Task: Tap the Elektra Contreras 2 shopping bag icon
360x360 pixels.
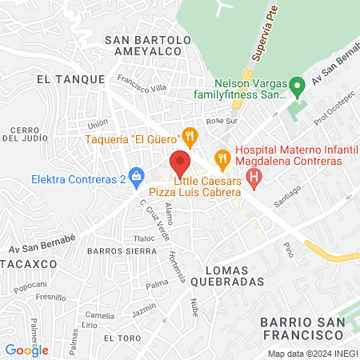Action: [136, 175]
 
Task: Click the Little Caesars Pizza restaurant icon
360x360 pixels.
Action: [222, 157]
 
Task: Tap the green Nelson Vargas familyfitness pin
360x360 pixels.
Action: [297, 84]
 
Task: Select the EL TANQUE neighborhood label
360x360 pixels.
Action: [71, 79]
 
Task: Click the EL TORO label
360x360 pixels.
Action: [120, 338]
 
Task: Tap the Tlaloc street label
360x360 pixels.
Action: [145, 238]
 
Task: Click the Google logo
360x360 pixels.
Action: [26, 350]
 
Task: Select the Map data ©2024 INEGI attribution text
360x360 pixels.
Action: [311, 354]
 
